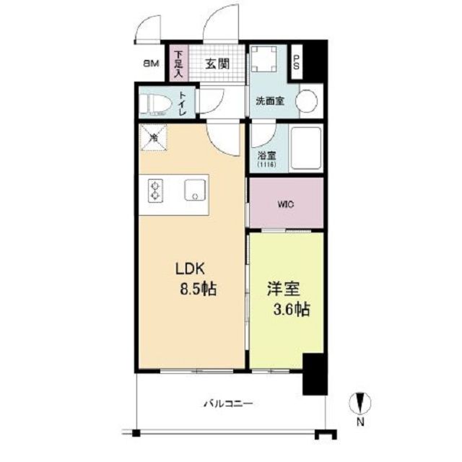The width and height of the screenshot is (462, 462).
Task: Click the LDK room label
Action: [x=192, y=269]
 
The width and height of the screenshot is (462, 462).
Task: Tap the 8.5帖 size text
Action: [x=197, y=289]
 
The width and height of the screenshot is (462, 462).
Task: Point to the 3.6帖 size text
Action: [x=290, y=310]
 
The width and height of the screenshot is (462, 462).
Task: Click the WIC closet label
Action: [x=286, y=204]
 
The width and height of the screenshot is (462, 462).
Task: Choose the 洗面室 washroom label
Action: [x=267, y=101]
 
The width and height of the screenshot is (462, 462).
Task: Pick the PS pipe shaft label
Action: [x=296, y=61]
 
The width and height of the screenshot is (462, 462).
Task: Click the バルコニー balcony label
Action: [x=227, y=404]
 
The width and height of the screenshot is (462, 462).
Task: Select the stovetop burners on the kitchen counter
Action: [x=154, y=191]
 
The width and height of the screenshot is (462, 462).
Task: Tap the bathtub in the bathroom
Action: [x=305, y=148]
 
